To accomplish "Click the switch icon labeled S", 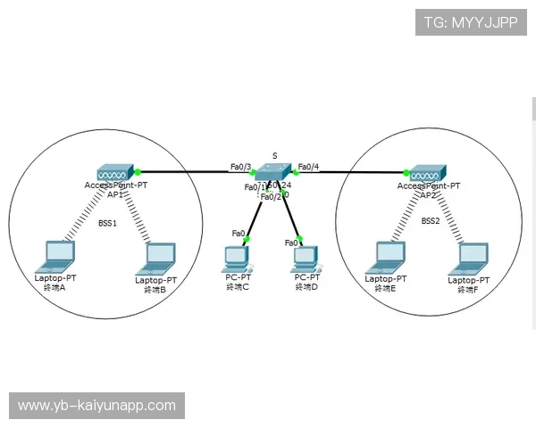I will click(x=272, y=172).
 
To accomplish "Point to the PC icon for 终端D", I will click(x=306, y=259).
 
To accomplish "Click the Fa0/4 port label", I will click(x=308, y=166).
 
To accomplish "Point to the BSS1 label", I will click(x=108, y=223).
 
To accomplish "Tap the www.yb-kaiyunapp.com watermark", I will click(x=96, y=406).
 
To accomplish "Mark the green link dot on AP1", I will click(x=138, y=170).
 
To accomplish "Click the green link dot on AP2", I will click(x=405, y=173).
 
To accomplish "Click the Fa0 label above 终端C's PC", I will click(x=239, y=234).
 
